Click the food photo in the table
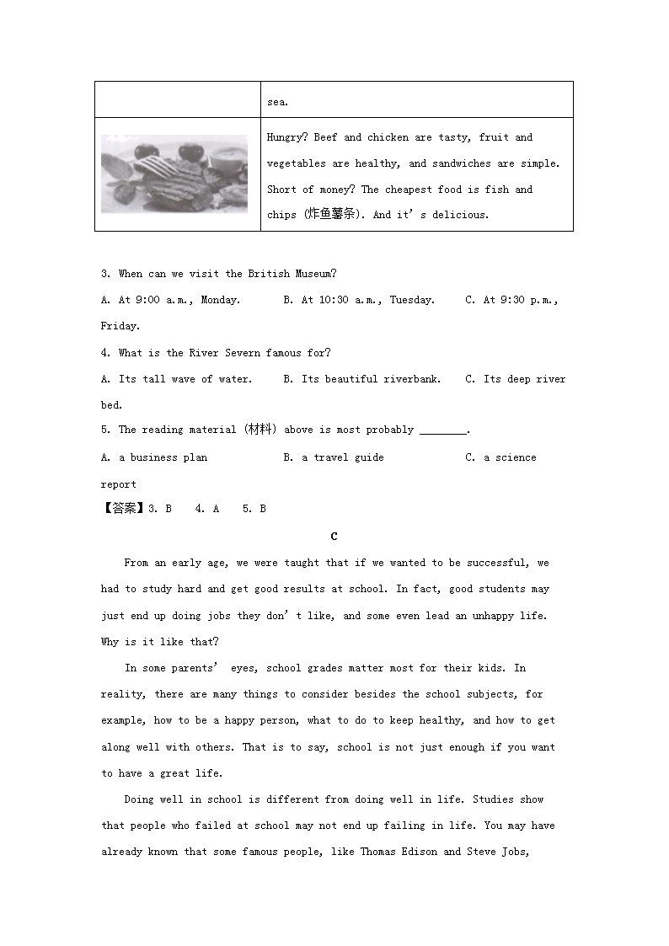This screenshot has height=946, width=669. pyautogui.click(x=174, y=174)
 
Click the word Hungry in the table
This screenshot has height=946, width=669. pyautogui.click(x=285, y=137)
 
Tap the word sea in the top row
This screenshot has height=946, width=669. pyautogui.click(x=276, y=102)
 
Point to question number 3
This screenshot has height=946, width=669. pyautogui.click(x=105, y=274)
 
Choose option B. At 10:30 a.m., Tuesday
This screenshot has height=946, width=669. pyautogui.click(x=359, y=300)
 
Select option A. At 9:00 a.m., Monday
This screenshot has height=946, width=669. pyautogui.click(x=170, y=300)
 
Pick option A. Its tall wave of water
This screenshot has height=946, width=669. pyautogui.click(x=176, y=379)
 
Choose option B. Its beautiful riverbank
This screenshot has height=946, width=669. pyautogui.click(x=361, y=379)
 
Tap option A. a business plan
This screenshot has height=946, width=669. pyautogui.click(x=154, y=457)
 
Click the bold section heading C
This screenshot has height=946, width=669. pyautogui.click(x=334, y=536)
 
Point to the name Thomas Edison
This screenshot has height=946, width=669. pyautogui.click(x=399, y=852)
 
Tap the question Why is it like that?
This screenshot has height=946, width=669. pyautogui.click(x=160, y=642)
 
